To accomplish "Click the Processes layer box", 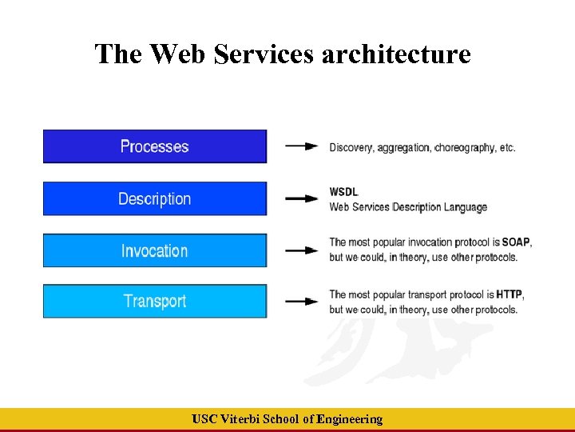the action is point(154,146).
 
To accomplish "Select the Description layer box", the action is point(154,198).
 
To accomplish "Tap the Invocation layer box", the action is point(154,250).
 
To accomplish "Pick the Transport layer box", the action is point(154,301).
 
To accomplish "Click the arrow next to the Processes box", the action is point(301,146).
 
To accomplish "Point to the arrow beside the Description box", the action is point(301,198).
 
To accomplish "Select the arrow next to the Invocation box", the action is point(301,250).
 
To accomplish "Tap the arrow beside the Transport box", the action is point(301,302).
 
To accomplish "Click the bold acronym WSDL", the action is point(344,192).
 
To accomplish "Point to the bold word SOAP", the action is point(515,242).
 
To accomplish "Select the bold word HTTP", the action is point(509,294).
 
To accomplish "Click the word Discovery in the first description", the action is point(351,147).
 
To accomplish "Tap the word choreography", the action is point(465,147).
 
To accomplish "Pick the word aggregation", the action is point(404,148).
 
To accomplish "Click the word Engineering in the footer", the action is point(350,419).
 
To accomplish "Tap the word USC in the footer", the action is point(205,419).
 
